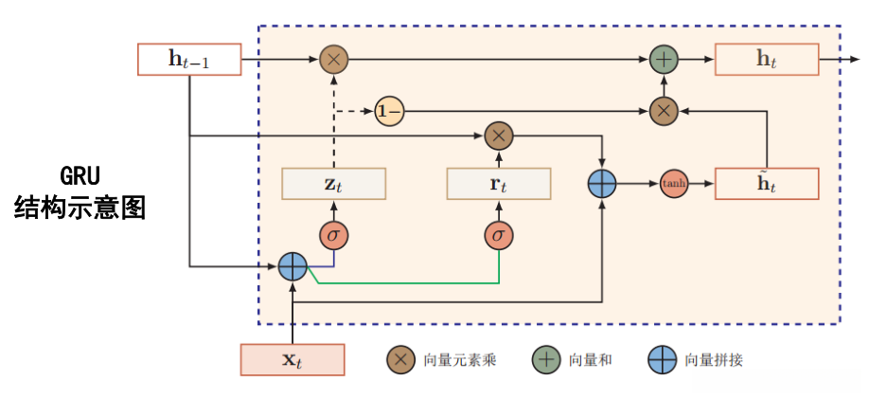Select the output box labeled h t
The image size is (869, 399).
[766, 59]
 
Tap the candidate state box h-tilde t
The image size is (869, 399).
[766, 184]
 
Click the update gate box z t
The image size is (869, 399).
[333, 184]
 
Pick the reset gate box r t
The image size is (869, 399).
[498, 184]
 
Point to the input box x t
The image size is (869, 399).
[293, 359]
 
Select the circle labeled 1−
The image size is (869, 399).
[389, 111]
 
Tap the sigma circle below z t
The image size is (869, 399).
[333, 234]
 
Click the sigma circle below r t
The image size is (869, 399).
[498, 234]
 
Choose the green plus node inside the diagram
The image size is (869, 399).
[665, 60]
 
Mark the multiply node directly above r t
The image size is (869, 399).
[498, 136]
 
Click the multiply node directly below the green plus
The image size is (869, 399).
[665, 111]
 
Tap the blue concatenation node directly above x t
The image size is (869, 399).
[293, 268]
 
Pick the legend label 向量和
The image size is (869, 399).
[592, 360]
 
